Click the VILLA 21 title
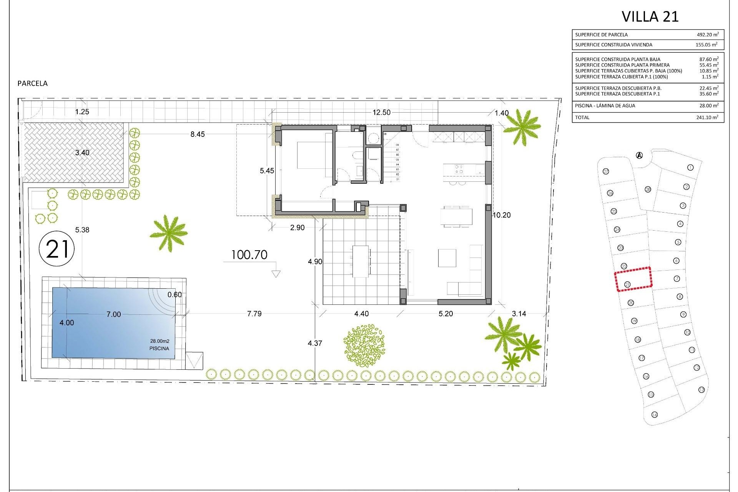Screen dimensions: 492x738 tap(650, 17)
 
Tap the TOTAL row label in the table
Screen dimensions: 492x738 tap(582, 118)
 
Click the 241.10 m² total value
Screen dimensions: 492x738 tap(707, 118)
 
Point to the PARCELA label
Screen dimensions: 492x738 tap(33, 83)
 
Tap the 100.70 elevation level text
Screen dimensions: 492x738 tap(249, 255)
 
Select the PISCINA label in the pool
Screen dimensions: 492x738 tap(159, 349)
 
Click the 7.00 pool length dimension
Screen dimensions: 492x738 tap(113, 314)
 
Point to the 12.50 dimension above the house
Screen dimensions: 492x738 tap(381, 112)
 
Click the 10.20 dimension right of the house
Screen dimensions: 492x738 tap(502, 215)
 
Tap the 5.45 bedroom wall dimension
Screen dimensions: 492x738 tap(267, 171)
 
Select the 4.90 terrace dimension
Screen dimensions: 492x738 tap(315, 262)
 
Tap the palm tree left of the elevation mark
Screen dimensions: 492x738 tap(168, 233)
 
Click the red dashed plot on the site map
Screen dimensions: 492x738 tap(633, 279)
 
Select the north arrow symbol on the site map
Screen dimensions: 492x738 tap(639, 156)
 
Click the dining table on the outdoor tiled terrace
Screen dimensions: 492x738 tap(361, 261)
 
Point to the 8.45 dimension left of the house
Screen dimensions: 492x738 tap(198, 134)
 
